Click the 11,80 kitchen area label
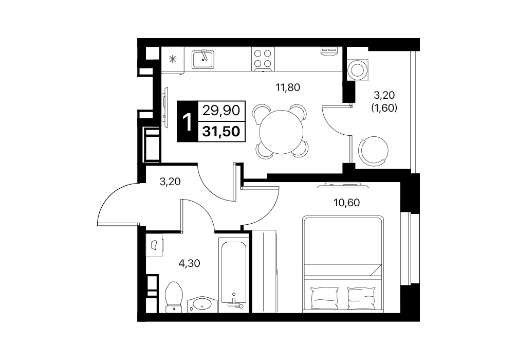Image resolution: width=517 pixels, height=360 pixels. [x=288, y=87]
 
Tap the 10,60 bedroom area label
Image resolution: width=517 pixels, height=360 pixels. [x=346, y=202]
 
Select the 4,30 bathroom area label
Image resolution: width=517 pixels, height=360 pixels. [x=189, y=263]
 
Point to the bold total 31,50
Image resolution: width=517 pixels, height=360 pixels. [x=221, y=131]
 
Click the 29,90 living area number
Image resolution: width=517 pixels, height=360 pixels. [x=221, y=111]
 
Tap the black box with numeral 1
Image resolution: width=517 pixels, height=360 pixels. [x=187, y=121]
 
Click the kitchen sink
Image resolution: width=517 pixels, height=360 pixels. [x=203, y=59]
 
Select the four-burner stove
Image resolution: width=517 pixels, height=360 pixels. [x=263, y=59]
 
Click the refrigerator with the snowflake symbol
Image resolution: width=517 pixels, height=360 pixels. [x=173, y=60]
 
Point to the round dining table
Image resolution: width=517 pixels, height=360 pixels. [x=281, y=132]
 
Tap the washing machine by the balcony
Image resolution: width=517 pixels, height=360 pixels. [x=357, y=69]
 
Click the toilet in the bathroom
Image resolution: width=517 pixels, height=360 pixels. [x=174, y=297]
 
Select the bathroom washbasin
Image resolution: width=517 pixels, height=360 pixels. [x=202, y=303]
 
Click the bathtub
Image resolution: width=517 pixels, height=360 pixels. [x=234, y=272]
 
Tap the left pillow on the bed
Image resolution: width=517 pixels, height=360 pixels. [x=324, y=297]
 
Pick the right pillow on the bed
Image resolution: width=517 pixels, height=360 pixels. [x=362, y=297]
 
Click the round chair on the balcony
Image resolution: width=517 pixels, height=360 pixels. [x=373, y=151]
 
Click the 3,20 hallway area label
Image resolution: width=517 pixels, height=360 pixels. [x=170, y=181]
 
